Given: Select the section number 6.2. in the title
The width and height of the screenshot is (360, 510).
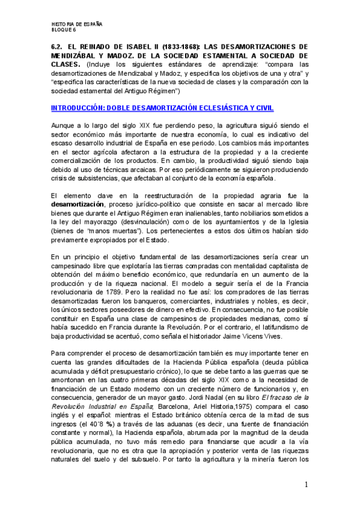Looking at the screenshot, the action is click(58, 46).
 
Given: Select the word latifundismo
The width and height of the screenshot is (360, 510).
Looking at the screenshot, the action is click(258, 328).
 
